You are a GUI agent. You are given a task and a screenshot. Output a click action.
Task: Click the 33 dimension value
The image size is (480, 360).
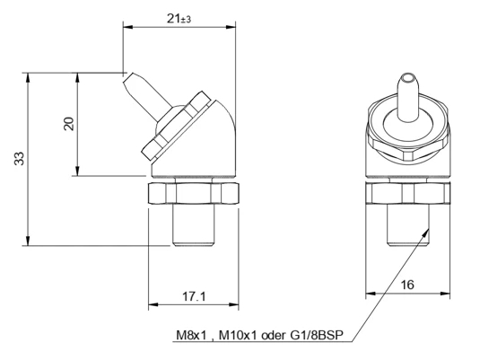[19, 159]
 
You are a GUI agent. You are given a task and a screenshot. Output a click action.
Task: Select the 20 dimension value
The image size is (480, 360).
[69, 124]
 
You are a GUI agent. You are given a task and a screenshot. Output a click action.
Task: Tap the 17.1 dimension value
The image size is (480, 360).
[195, 296]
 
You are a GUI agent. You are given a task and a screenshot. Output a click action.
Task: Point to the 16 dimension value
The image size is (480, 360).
[407, 285]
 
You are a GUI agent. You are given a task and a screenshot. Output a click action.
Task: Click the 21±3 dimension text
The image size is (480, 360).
[179, 19]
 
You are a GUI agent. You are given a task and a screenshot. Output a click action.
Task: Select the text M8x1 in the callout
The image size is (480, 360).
[192, 335]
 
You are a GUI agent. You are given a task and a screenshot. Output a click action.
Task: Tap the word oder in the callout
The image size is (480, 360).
[273, 335]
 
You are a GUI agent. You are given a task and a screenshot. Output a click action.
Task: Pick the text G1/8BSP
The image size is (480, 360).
[317, 335]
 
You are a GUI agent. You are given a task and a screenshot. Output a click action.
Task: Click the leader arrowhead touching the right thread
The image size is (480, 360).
[426, 233]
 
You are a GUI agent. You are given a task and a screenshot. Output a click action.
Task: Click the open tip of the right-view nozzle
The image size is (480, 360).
[407, 77]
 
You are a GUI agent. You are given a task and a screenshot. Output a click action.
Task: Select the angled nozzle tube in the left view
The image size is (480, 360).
[146, 96]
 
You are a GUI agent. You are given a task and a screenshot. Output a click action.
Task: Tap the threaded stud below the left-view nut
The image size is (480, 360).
[193, 224]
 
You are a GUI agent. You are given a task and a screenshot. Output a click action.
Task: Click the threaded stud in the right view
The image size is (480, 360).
[408, 224]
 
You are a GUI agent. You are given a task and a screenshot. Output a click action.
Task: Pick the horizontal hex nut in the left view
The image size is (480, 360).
[194, 193]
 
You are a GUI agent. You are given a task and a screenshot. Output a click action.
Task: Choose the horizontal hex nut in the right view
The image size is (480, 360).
[408, 193]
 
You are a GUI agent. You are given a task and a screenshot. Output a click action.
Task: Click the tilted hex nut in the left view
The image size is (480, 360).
[177, 126]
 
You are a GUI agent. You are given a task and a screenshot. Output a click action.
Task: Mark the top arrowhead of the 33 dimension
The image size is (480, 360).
[28, 77]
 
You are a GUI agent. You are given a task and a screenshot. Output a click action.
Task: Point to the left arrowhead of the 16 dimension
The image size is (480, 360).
[371, 294]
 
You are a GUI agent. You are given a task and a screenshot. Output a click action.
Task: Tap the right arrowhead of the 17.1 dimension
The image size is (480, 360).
[234, 304]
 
